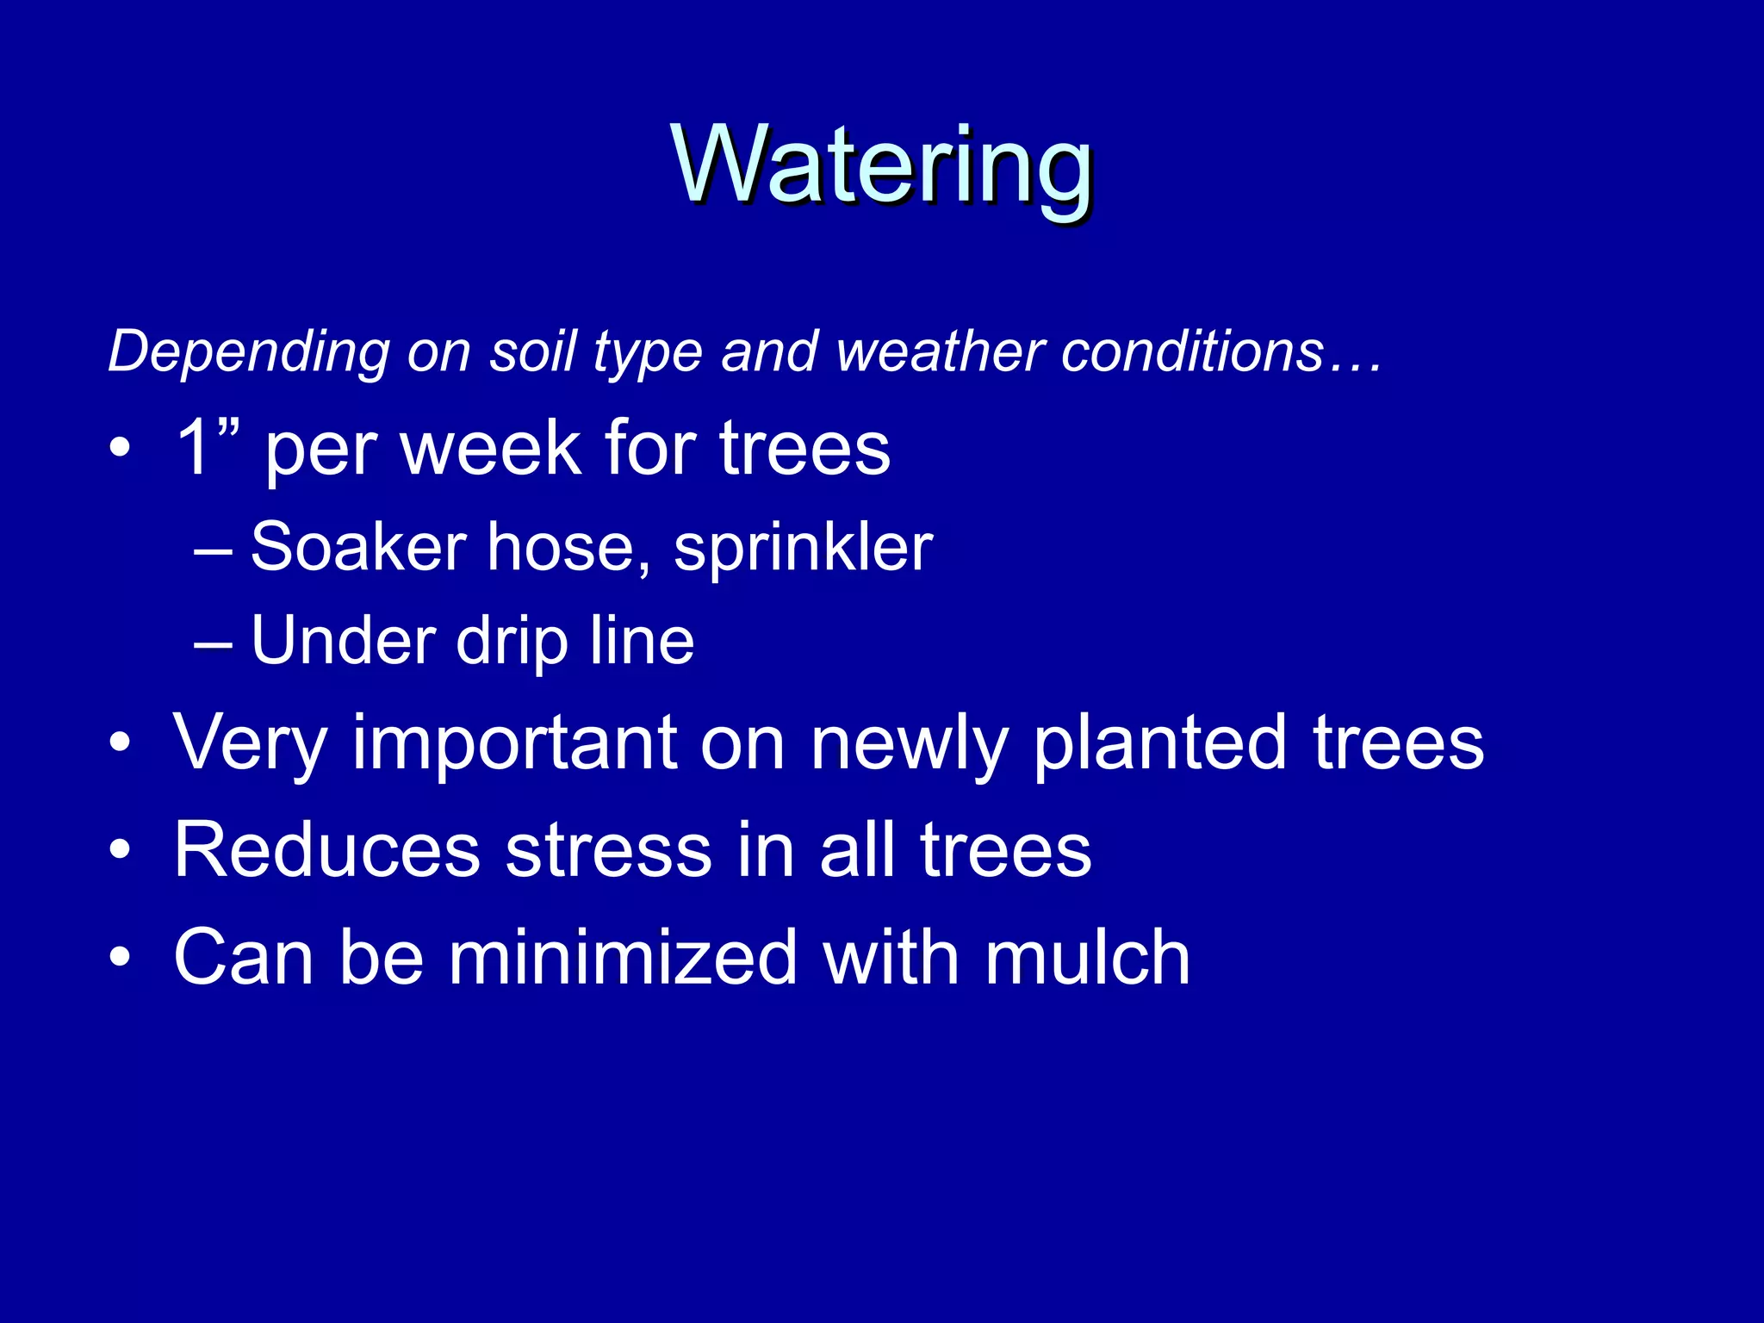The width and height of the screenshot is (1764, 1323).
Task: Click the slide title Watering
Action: pyautogui.click(x=882, y=165)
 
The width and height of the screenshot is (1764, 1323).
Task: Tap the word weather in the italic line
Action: pyautogui.click(x=940, y=353)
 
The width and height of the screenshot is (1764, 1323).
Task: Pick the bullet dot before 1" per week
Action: pyautogui.click(x=121, y=448)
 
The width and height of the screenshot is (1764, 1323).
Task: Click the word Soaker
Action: pyautogui.click(x=358, y=547)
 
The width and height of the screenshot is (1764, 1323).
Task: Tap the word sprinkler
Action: pyautogui.click(x=803, y=549)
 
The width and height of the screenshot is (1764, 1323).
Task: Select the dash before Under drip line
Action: pyautogui.click(x=213, y=643)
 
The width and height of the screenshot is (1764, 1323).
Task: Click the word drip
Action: pyautogui.click(x=512, y=643)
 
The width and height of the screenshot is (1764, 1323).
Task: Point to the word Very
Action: pyautogui.click(x=250, y=742)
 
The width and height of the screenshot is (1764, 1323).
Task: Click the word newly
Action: pyautogui.click(x=909, y=742)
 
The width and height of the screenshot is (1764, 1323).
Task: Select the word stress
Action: pyautogui.click(x=608, y=850)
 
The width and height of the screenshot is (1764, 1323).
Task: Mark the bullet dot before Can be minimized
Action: pyautogui.click(x=121, y=957)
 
